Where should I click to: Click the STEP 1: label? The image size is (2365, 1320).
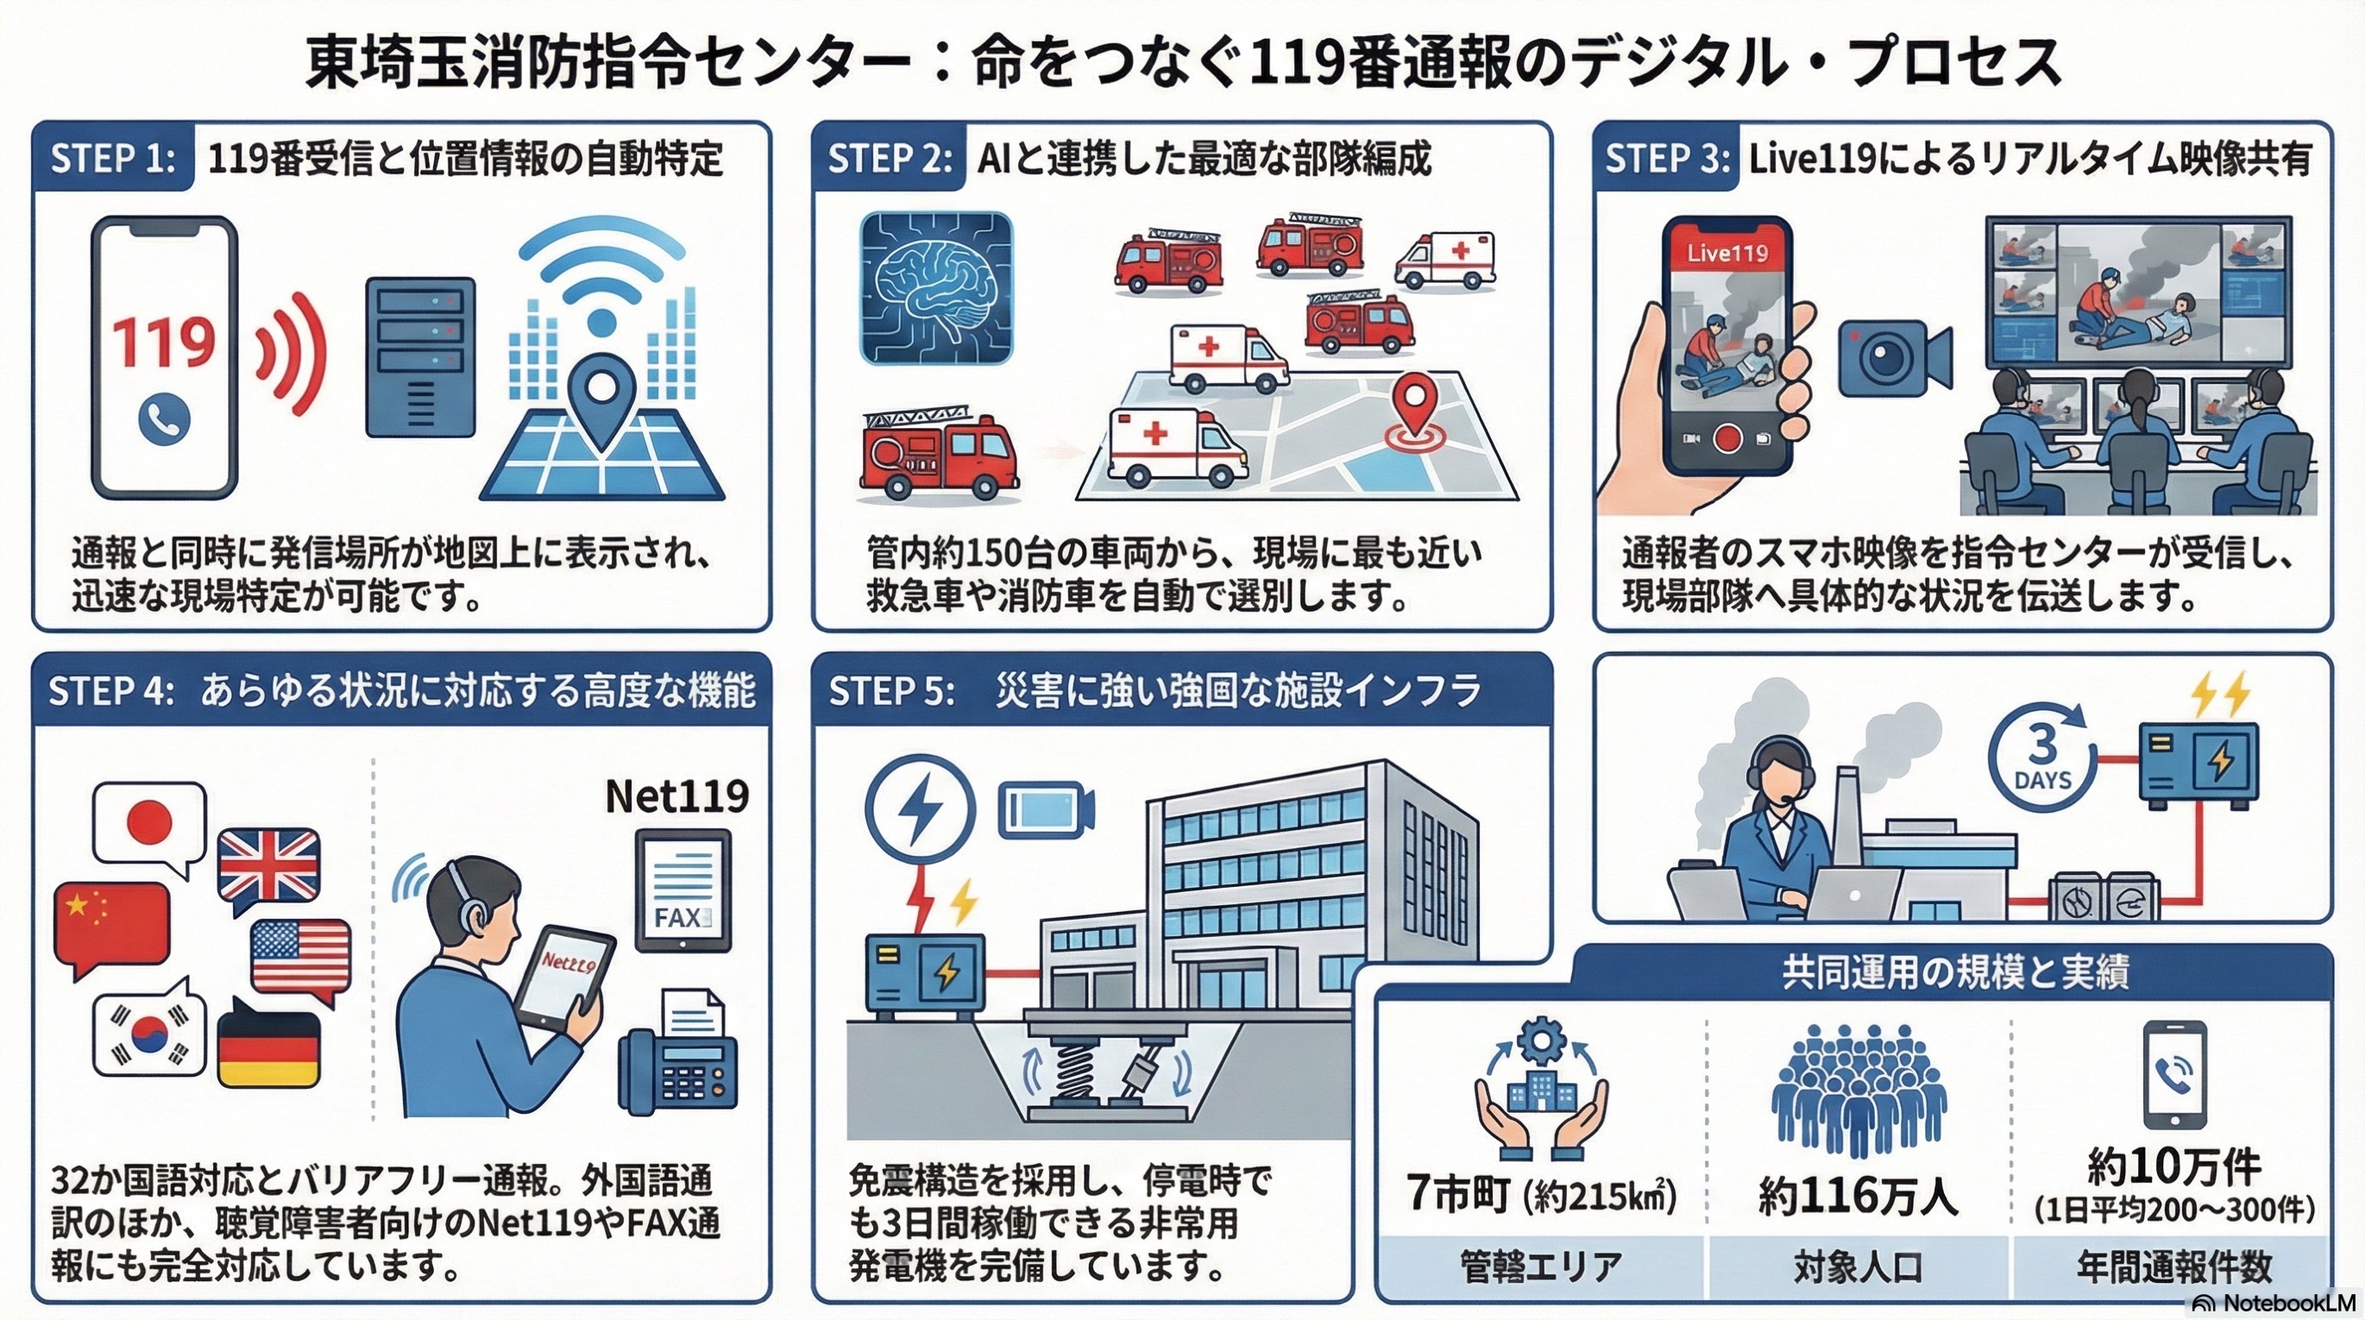(x=113, y=159)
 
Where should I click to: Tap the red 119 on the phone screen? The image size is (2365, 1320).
(x=164, y=342)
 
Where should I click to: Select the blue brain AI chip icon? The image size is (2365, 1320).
(x=936, y=288)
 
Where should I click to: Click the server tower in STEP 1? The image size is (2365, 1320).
(x=420, y=357)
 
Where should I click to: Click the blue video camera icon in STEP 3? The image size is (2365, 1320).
(x=1894, y=358)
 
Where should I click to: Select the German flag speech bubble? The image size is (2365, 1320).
(x=269, y=1042)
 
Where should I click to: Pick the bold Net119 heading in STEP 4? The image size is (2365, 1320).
(x=677, y=795)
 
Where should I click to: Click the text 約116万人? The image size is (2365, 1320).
(x=1857, y=1196)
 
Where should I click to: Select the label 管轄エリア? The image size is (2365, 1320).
(x=1539, y=1266)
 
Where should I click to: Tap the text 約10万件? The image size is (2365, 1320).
(x=2173, y=1166)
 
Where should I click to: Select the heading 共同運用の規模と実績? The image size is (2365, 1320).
(x=1954, y=972)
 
